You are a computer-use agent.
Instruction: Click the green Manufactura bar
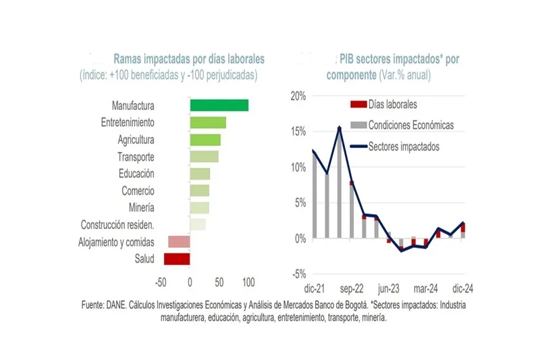(219, 105)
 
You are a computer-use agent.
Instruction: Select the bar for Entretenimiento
(208, 123)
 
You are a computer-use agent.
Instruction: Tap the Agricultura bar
(205, 140)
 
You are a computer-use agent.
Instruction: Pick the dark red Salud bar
(177, 259)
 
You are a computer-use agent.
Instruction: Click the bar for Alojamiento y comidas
(179, 242)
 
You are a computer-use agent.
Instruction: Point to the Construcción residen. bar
(198, 225)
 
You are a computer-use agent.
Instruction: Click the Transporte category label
(136, 157)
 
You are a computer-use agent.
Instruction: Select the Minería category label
(141, 207)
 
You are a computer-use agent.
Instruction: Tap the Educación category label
(136, 174)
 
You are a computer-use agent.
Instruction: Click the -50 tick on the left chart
(160, 280)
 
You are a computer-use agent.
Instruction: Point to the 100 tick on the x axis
(248, 280)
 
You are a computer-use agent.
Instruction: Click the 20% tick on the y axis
(297, 96)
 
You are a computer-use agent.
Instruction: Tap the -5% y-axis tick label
(298, 274)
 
